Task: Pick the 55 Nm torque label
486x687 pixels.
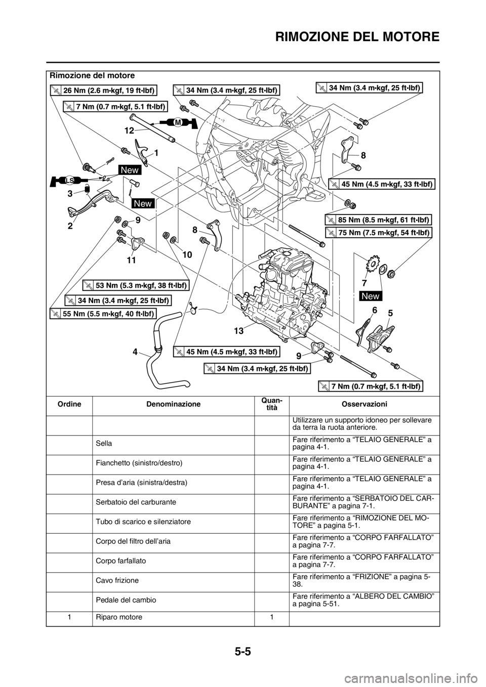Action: tap(103, 314)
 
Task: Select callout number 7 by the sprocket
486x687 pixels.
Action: tap(363, 279)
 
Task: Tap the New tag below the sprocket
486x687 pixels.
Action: tap(372, 295)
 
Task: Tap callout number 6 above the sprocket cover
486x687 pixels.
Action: tap(374, 310)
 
